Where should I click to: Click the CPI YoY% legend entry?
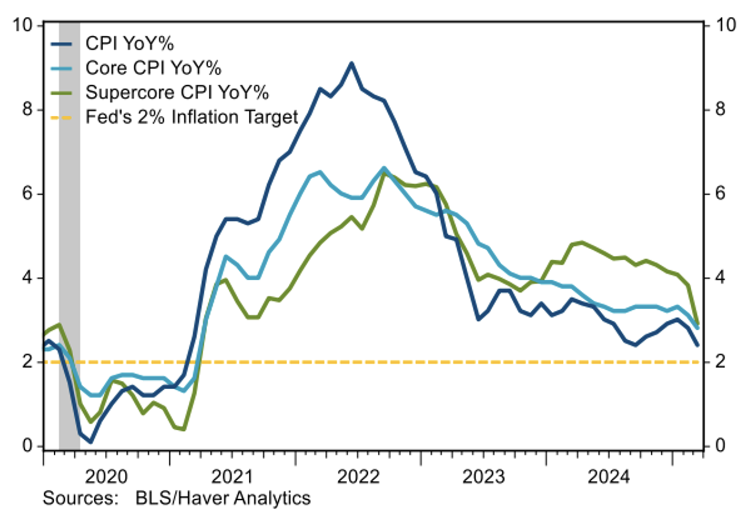(129, 43)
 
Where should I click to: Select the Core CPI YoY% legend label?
(153, 68)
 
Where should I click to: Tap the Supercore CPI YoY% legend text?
(177, 92)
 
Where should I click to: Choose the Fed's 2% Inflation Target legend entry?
(192, 116)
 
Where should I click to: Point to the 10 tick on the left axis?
(22, 25)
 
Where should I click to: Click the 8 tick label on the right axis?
(720, 109)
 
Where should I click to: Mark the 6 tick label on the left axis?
(27, 193)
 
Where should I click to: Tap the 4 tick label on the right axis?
(720, 277)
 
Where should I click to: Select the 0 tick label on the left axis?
(27, 446)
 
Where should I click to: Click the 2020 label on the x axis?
(106, 477)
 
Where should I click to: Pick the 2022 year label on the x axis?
(358, 477)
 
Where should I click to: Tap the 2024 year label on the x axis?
(609, 477)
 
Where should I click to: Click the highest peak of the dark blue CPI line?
(351, 63)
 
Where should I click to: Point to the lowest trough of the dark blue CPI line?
(91, 441)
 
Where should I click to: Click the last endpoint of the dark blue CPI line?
(698, 345)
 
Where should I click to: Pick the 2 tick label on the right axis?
(720, 361)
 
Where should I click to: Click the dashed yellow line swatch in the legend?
(61, 117)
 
